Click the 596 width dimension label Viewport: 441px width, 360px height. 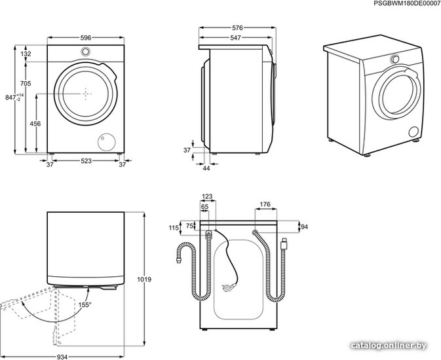[86, 38]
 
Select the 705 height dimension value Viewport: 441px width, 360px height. [26, 84]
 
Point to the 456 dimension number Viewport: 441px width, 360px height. [35, 124]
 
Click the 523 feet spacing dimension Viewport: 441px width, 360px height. [86, 161]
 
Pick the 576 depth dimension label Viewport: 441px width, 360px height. [237, 28]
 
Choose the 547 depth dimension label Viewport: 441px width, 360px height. [235, 38]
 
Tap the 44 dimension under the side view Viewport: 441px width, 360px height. [206, 168]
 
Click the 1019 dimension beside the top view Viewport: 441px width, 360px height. [144, 279]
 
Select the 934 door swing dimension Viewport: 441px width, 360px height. [62, 357]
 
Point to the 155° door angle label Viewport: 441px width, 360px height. [85, 304]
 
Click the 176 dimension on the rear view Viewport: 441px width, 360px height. [265, 204]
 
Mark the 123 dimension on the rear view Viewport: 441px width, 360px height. [207, 197]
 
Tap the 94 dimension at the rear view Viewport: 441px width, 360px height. [304, 226]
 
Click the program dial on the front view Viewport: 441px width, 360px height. [85, 52]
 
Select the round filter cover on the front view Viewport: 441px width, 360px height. [107, 142]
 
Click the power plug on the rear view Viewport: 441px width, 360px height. [229, 287]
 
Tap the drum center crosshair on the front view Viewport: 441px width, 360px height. [86, 94]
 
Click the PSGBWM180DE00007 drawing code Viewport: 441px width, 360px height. [406, 3]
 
